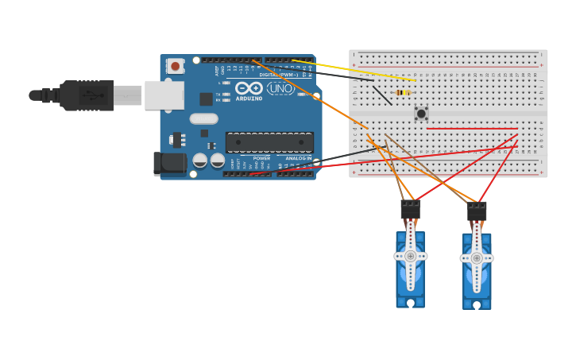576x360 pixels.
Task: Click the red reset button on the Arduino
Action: [175, 66]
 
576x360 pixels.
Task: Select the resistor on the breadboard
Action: [403, 93]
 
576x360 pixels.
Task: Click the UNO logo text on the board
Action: [280, 88]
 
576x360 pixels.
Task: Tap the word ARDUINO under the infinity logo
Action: [249, 99]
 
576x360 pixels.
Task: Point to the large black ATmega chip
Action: [269, 142]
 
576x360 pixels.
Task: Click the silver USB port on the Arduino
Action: [164, 95]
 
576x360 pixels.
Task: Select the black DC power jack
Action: [169, 164]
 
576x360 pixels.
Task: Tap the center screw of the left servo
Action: [410, 256]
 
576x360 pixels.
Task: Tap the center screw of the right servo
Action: [477, 257]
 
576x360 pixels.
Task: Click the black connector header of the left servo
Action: [410, 210]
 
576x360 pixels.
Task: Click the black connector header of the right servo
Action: [477, 211]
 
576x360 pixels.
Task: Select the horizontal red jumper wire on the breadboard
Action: [472, 128]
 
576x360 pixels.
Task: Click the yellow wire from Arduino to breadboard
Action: [354, 70]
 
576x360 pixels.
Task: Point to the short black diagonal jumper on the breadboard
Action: [382, 95]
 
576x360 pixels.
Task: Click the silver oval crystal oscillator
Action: [203, 118]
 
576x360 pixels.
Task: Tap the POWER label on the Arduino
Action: [261, 158]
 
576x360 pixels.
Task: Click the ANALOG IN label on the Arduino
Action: [299, 158]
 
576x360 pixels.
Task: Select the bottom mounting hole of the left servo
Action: [410, 303]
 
